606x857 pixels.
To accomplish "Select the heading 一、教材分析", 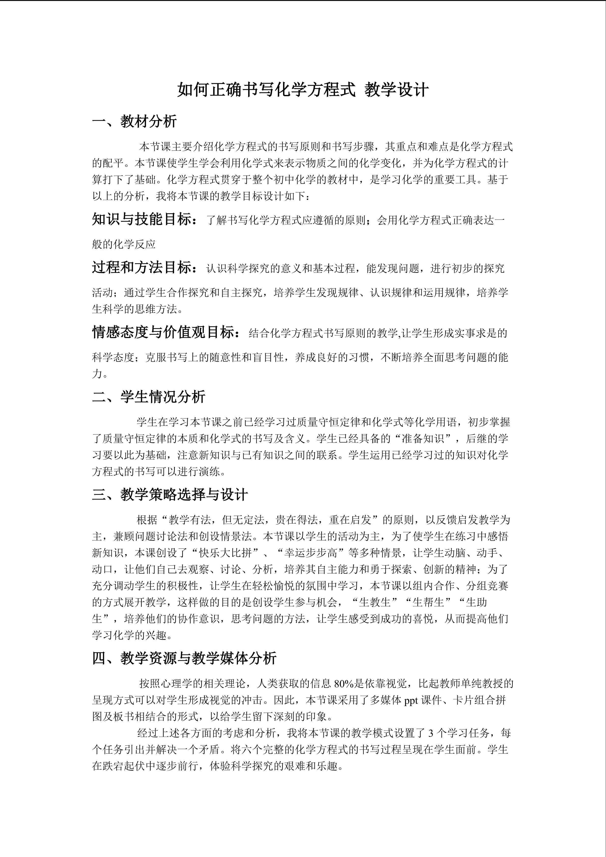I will click(x=134, y=121).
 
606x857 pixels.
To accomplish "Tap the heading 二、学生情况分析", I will click(x=149, y=397).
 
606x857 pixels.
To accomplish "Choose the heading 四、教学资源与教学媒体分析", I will click(x=184, y=658).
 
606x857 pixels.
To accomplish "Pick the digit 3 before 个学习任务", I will click(x=431, y=733).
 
